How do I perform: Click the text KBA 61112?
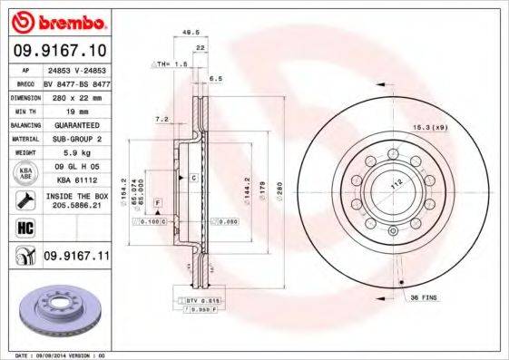tap(76, 180)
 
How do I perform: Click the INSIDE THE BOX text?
tap(76, 197)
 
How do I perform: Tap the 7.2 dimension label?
tap(162, 119)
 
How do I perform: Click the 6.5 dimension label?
tap(216, 79)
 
